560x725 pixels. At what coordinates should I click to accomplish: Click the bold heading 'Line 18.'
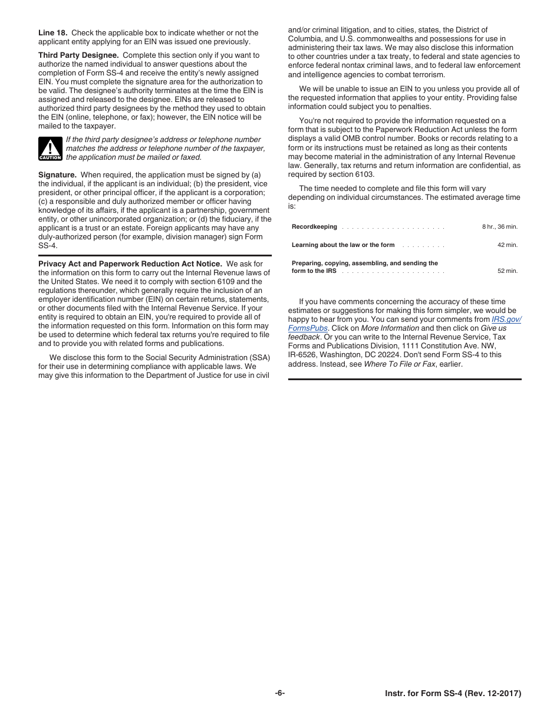52,33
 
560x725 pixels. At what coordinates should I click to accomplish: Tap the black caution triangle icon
50,149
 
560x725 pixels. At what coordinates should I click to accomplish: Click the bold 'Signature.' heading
57,175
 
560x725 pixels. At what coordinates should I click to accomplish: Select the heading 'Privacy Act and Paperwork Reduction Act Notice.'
130,264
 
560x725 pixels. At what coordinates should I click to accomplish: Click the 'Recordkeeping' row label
314,227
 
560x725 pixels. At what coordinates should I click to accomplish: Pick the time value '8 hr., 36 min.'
499,227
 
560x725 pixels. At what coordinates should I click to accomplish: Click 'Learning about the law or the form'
343,245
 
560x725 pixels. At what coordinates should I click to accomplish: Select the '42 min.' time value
507,245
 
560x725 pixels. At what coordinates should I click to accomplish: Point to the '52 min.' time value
507,271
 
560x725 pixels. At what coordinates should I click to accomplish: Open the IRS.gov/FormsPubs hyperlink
506,319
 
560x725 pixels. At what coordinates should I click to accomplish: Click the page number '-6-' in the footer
280,693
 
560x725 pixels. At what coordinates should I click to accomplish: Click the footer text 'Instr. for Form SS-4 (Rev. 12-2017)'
449,694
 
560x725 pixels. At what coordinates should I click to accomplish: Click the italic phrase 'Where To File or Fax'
400,364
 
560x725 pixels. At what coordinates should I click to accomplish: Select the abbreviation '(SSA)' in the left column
259,358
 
